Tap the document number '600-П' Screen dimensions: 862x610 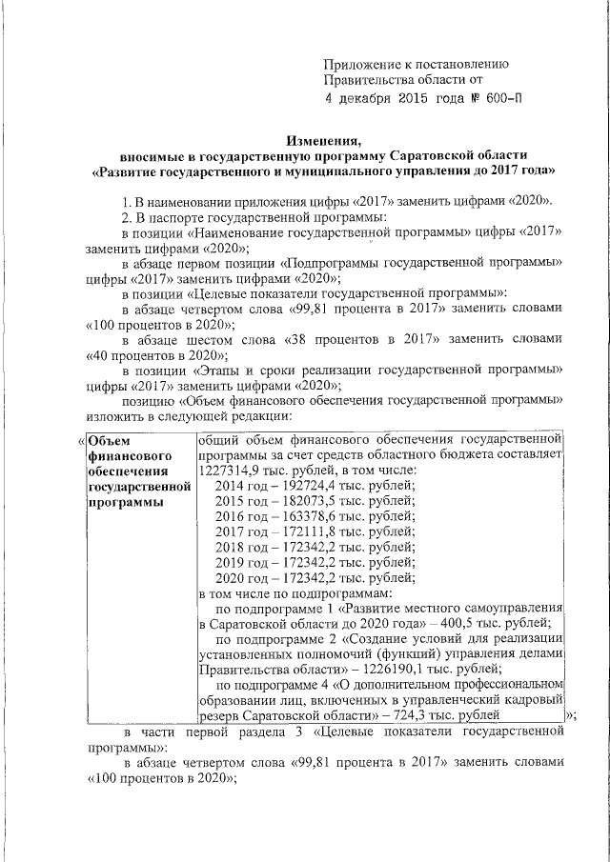[501, 98]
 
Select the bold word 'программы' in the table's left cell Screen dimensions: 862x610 [121, 502]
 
